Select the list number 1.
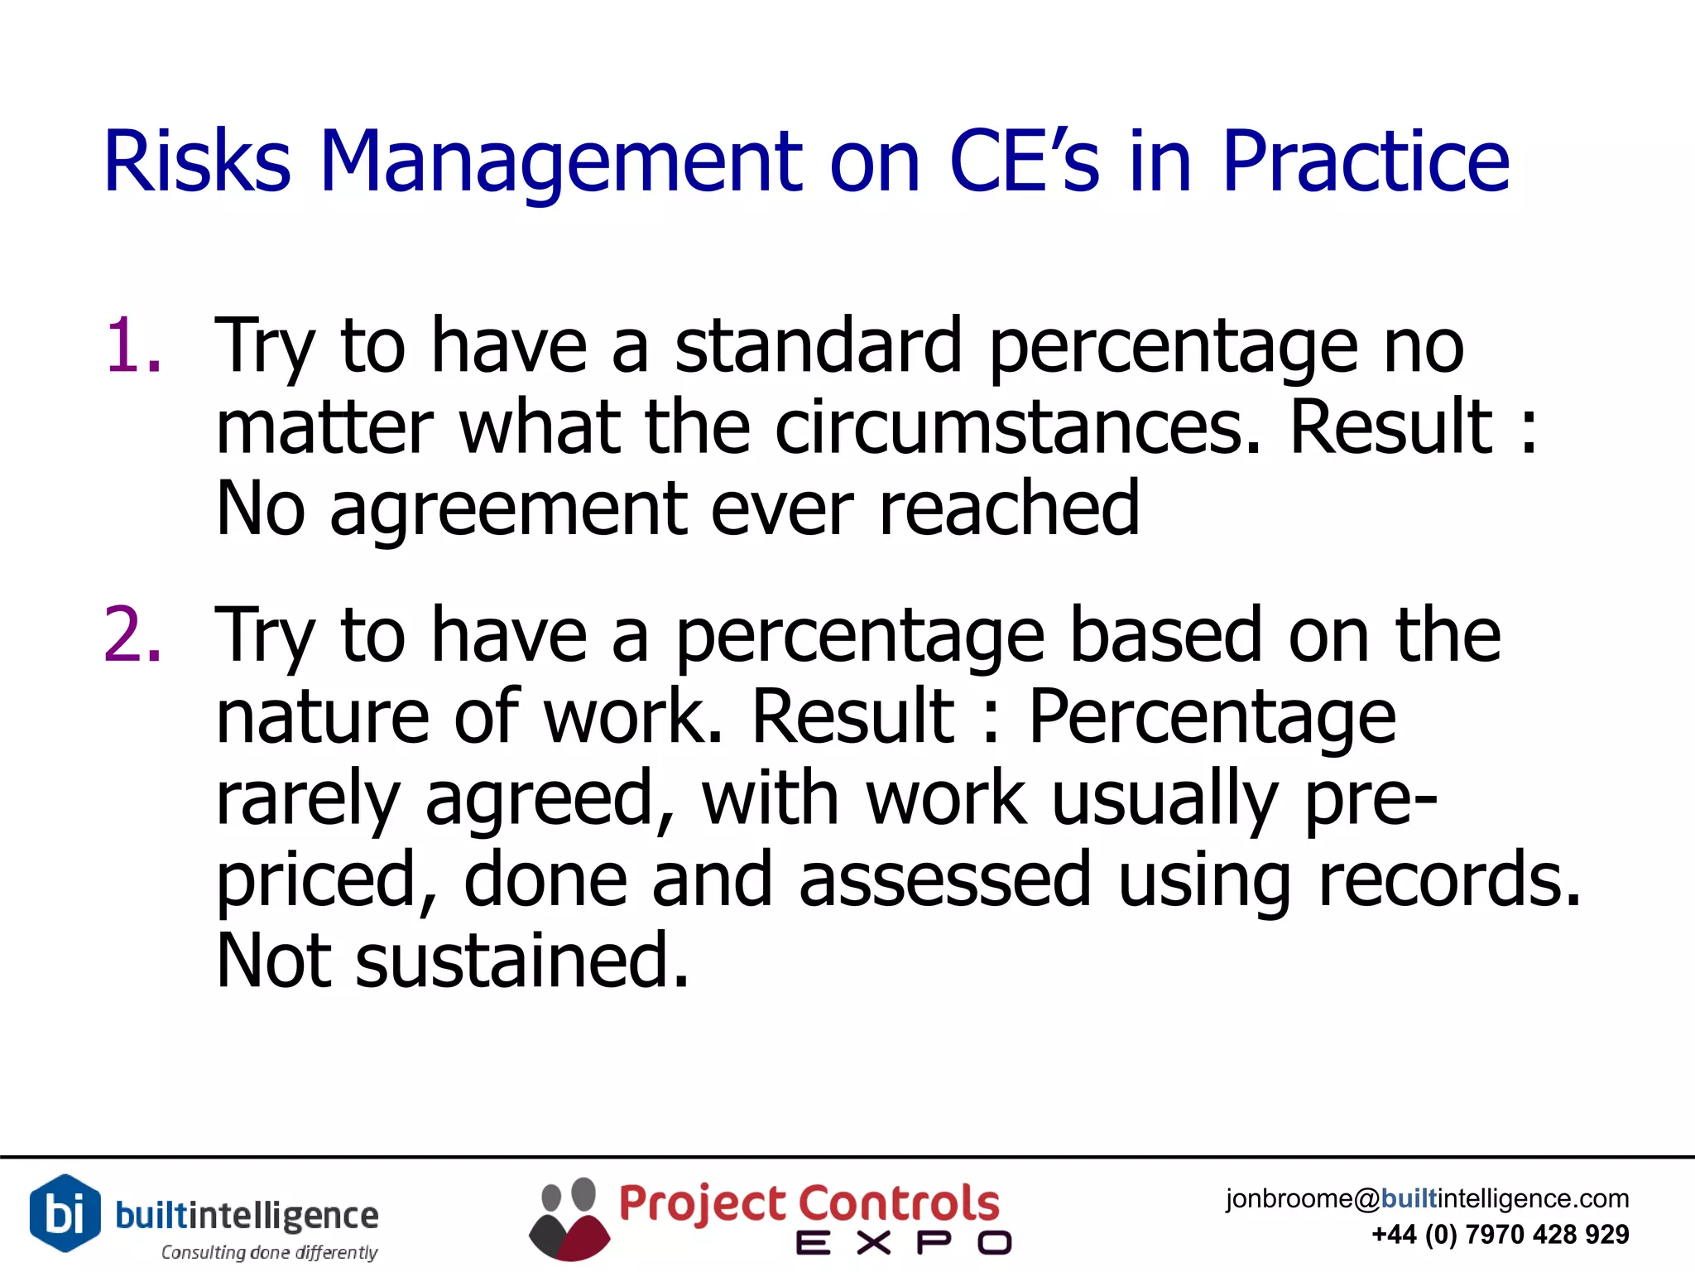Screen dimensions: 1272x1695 (132, 346)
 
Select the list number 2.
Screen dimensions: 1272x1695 (132, 634)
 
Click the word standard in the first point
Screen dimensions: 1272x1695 (818, 346)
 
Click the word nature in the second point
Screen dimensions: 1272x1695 (322, 716)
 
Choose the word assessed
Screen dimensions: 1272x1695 (944, 879)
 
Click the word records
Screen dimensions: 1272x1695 (1449, 879)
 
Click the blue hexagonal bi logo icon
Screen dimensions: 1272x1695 (65, 1212)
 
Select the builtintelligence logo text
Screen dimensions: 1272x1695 (247, 1215)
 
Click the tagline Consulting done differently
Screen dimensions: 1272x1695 (269, 1252)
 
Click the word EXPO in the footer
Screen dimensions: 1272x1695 (903, 1243)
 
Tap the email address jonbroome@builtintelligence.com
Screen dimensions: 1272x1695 (1427, 1198)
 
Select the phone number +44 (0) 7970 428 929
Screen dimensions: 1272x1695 (1500, 1235)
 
